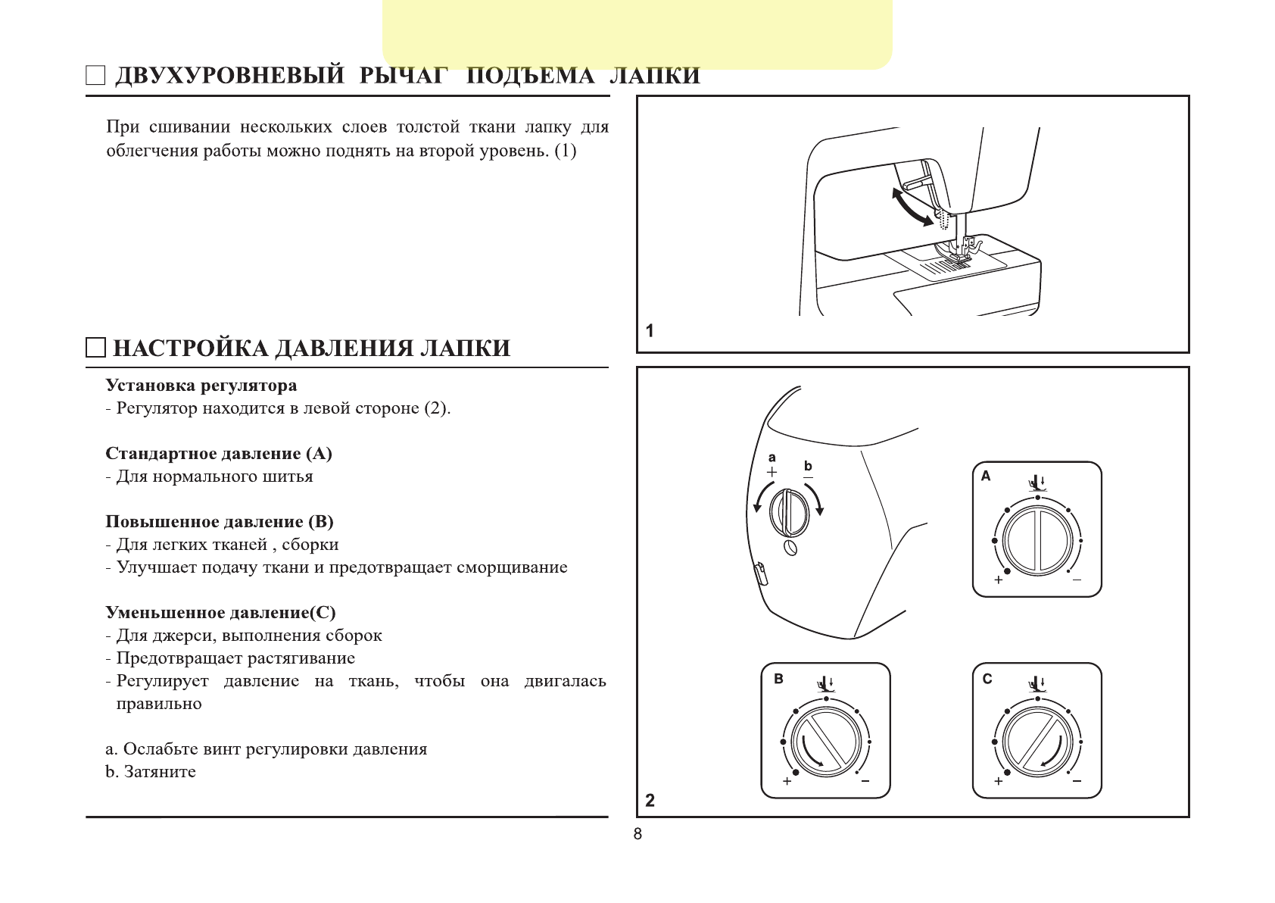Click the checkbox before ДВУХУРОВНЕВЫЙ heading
click(95, 76)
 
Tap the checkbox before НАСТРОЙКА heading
click(95, 348)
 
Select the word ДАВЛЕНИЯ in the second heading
click(344, 348)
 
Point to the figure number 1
click(650, 330)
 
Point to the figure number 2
click(650, 800)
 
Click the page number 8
click(637, 834)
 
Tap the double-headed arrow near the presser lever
click(912, 205)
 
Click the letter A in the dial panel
click(986, 476)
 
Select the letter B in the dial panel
click(778, 679)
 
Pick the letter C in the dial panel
click(987, 679)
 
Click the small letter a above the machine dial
click(772, 457)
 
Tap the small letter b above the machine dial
click(808, 466)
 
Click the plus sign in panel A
click(999, 580)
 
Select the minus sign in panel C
click(1077, 781)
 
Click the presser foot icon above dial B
click(825, 684)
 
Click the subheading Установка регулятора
click(201, 386)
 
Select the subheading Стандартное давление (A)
click(219, 454)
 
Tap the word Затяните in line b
click(160, 772)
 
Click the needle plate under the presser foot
click(946, 266)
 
